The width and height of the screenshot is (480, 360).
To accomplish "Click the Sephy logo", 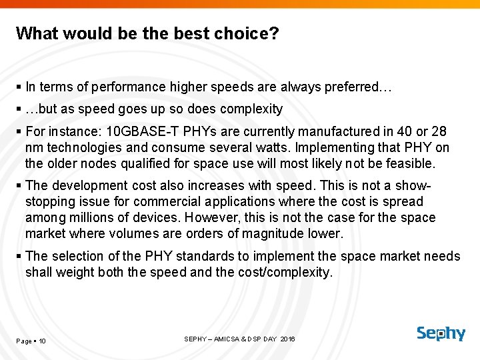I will coord(441,333).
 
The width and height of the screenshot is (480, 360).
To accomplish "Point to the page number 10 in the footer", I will coord(42,341).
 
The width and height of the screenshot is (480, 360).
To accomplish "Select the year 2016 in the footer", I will coord(287,339).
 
